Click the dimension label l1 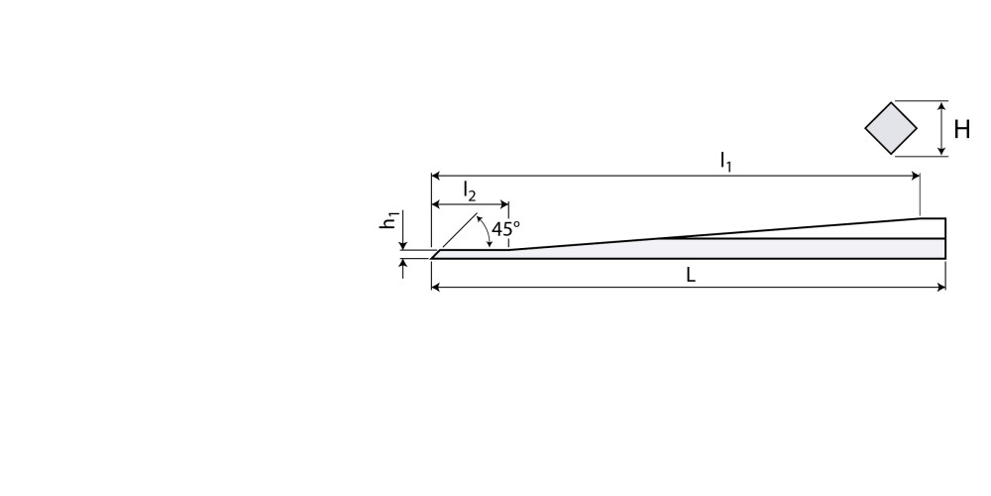[x=725, y=161]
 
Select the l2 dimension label [x=470, y=190]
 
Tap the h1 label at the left [x=391, y=223]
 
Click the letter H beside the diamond [x=961, y=128]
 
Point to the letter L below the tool [x=691, y=277]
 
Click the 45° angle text [x=505, y=230]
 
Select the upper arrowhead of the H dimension [x=939, y=105]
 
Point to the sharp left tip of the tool [x=432, y=258]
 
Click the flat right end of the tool [x=945, y=238]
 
